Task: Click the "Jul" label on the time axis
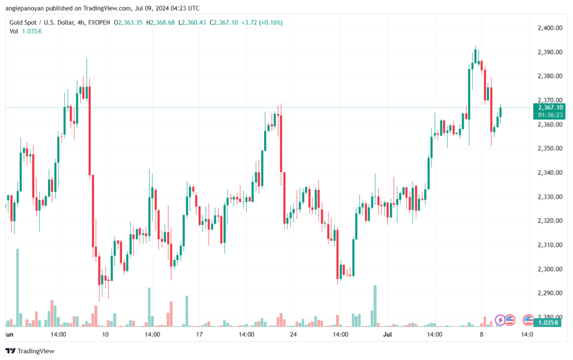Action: pos(387,334)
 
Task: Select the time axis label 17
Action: pos(199,334)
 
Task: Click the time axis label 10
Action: pos(105,334)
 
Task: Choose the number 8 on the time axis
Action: pos(480,334)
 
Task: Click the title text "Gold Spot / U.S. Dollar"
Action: pos(42,22)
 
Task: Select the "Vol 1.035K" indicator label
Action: pos(25,31)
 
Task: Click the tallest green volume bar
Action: pos(17,287)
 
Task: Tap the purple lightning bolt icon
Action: pos(500,320)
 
